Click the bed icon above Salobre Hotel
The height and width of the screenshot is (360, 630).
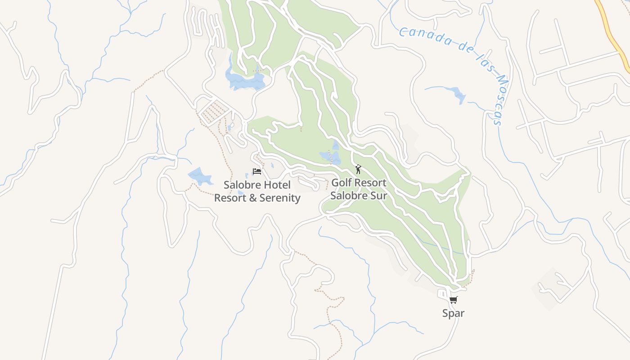pyautogui.click(x=256, y=171)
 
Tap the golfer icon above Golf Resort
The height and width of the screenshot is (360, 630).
pyautogui.click(x=358, y=169)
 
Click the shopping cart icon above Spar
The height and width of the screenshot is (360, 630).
pyautogui.click(x=453, y=300)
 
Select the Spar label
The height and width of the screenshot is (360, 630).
pyautogui.click(x=453, y=313)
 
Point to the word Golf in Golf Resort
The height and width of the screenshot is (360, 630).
pyautogui.click(x=341, y=183)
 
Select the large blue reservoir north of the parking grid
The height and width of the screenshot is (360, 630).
pyautogui.click(x=245, y=80)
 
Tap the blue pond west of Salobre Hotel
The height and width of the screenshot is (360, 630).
pyautogui.click(x=199, y=176)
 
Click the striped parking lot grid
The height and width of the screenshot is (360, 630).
pyautogui.click(x=214, y=111)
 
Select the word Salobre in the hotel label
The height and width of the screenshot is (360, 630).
pyautogui.click(x=241, y=185)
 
